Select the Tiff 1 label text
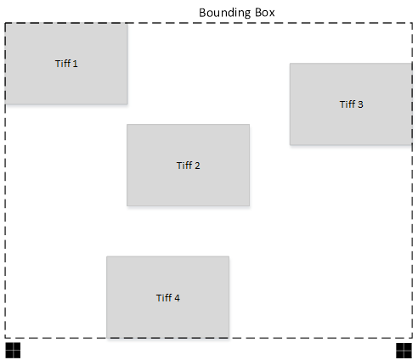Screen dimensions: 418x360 pyautogui.click(x=66, y=64)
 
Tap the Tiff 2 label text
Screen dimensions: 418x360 pyautogui.click(x=189, y=166)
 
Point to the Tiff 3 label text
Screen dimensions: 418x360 pyautogui.click(x=352, y=104)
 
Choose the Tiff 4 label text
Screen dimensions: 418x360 pyautogui.click(x=168, y=297)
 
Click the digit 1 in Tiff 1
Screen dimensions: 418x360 pyautogui.click(x=75, y=64)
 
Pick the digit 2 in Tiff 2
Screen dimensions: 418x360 pyautogui.click(x=197, y=166)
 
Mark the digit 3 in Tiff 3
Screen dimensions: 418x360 pyautogui.click(x=360, y=104)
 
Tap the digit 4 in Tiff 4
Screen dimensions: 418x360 pyautogui.click(x=177, y=298)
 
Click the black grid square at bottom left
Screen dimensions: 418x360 pyautogui.click(x=13, y=351)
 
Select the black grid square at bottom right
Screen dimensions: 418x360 pyautogui.click(x=404, y=351)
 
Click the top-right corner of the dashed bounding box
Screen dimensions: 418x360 pyautogui.click(x=412, y=23)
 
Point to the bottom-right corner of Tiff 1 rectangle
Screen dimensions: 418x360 pyautogui.click(x=127, y=104)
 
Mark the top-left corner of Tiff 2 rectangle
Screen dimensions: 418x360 pyautogui.click(x=127, y=125)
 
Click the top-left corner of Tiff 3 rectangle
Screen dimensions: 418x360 pyautogui.click(x=290, y=64)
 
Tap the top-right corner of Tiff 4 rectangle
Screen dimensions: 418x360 pyautogui.click(x=229, y=256)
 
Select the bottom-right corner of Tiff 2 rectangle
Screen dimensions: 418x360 pyautogui.click(x=249, y=205)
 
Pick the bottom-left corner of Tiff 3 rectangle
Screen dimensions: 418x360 pyautogui.click(x=290, y=145)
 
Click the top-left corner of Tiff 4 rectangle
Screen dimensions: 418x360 pyautogui.click(x=107, y=256)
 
